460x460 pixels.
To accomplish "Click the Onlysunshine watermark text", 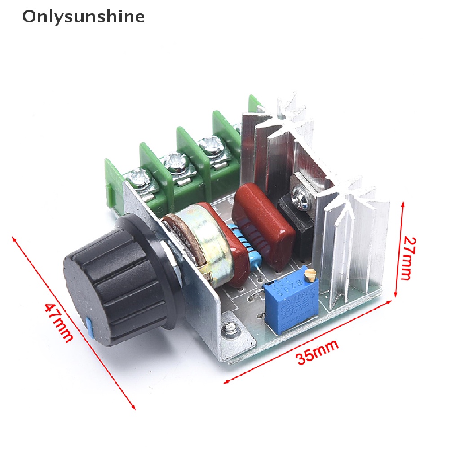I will [x=84, y=17].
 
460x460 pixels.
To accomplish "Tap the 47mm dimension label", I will [x=58, y=322].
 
